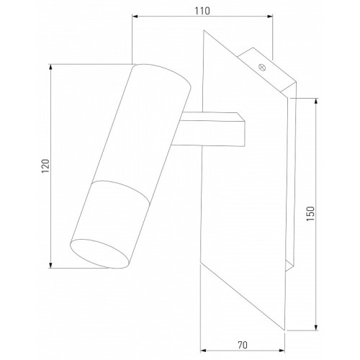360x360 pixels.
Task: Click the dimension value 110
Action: point(202,11)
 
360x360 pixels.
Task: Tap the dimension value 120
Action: point(45,166)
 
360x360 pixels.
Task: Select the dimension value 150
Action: point(310,214)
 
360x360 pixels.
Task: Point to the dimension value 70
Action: point(243,345)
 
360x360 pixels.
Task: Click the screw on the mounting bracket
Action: point(262,67)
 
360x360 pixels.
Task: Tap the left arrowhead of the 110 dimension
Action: point(135,17)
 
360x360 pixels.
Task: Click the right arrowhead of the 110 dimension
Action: point(270,17)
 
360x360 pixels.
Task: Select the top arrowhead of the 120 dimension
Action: point(50,68)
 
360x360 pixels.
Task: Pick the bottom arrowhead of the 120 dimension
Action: point(50,265)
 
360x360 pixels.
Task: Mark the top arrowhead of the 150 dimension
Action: point(316,102)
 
